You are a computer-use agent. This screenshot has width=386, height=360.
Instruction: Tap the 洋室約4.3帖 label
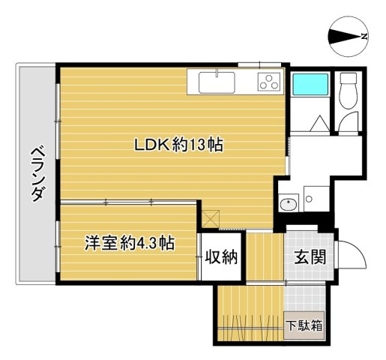tap(129, 243)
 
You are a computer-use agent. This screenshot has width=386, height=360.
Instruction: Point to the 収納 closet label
tap(222, 257)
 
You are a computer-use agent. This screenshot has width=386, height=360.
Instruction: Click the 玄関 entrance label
tap(308, 256)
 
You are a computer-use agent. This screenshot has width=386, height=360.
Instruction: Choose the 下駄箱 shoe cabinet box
tap(304, 325)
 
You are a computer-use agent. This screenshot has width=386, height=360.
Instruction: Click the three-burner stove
tap(268, 82)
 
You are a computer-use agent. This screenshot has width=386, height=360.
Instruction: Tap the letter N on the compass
tap(364, 36)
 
